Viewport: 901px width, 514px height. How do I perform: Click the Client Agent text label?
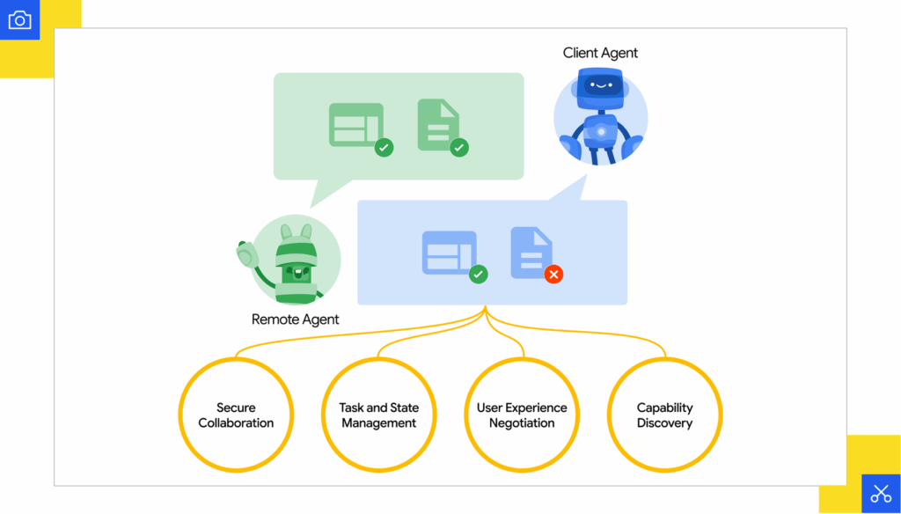click(600, 53)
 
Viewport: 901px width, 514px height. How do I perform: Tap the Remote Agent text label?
click(295, 319)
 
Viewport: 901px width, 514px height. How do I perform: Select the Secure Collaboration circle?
click(236, 415)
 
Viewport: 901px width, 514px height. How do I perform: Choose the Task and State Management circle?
click(379, 415)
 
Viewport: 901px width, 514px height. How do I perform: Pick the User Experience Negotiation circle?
click(522, 415)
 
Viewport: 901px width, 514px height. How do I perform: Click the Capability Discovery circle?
click(665, 415)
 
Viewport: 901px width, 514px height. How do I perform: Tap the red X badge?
click(553, 275)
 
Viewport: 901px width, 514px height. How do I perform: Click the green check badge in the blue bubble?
click(479, 275)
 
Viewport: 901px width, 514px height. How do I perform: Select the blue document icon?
click(531, 253)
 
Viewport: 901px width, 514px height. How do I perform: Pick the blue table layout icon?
click(449, 253)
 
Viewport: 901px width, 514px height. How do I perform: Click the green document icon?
click(438, 124)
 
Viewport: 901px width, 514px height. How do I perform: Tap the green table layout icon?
click(355, 124)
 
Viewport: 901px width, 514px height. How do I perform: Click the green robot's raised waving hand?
click(245, 254)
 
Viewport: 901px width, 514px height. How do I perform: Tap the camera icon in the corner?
click(19, 20)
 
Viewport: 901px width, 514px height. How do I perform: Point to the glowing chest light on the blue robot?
click(601, 133)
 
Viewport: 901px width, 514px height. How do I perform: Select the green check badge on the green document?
click(458, 148)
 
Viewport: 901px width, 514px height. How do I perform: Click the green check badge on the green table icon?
click(384, 148)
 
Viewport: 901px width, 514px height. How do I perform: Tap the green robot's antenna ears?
click(297, 234)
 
